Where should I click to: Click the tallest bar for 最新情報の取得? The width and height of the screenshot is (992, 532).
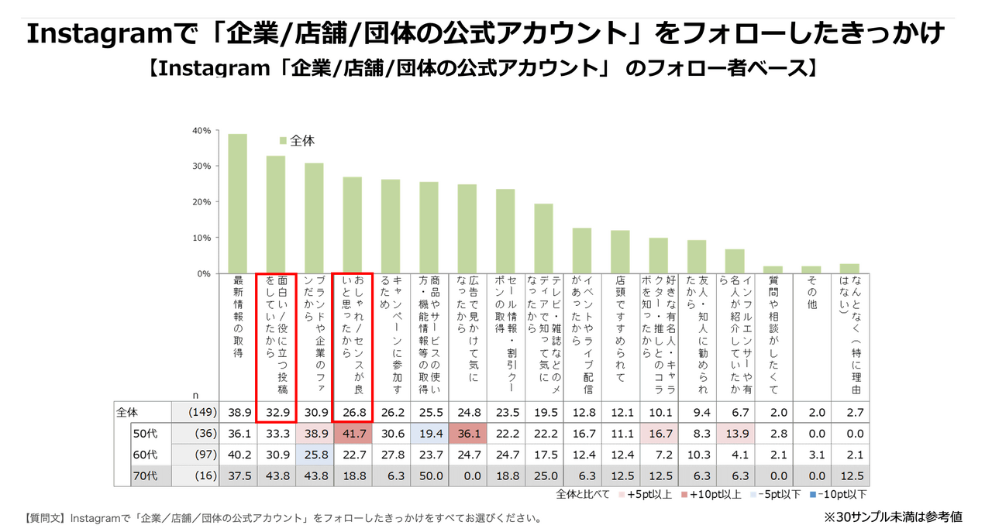point(237,204)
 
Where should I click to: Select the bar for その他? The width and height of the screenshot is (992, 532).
point(811,269)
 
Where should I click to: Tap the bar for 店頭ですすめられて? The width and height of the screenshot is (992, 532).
point(620,252)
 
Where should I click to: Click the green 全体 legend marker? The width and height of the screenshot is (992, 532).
point(283,141)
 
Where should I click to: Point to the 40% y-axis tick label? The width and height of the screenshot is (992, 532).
point(201,130)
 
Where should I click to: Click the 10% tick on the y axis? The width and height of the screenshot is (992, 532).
point(201,238)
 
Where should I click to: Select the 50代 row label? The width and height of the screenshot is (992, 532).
point(146,433)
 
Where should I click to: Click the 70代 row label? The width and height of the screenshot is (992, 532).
point(146,475)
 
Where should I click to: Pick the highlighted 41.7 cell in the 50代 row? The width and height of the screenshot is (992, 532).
point(353,433)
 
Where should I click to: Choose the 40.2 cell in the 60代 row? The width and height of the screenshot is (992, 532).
point(237,454)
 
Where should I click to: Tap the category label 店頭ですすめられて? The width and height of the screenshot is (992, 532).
point(620,329)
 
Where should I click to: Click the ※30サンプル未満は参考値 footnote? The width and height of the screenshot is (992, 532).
point(892,517)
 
